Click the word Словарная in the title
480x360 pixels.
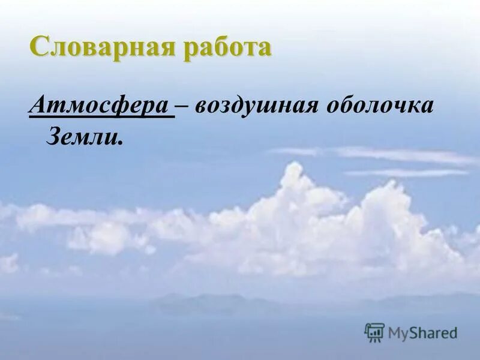(98, 47)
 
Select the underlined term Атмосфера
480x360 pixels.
(100, 106)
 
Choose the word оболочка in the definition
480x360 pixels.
(379, 106)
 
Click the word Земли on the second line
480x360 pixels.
(83, 137)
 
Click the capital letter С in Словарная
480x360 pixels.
(40, 47)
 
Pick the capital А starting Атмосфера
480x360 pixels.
(37, 106)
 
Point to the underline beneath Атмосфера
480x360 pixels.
(101, 118)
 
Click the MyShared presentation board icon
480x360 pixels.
(374, 332)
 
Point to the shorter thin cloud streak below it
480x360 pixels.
(408, 173)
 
